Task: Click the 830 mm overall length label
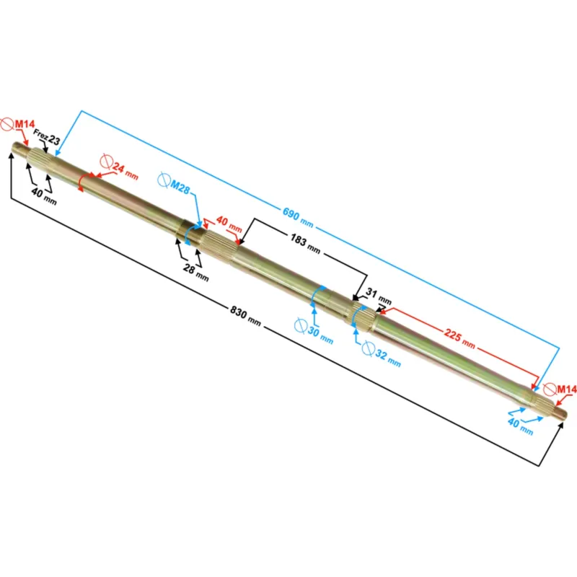[245, 316]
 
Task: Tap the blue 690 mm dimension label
[298, 218]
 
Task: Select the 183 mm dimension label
[305, 244]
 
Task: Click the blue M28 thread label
[180, 187]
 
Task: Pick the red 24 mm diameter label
[125, 171]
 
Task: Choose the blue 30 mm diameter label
[320, 335]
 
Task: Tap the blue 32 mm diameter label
[388, 358]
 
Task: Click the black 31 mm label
[379, 296]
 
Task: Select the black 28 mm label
[196, 273]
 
